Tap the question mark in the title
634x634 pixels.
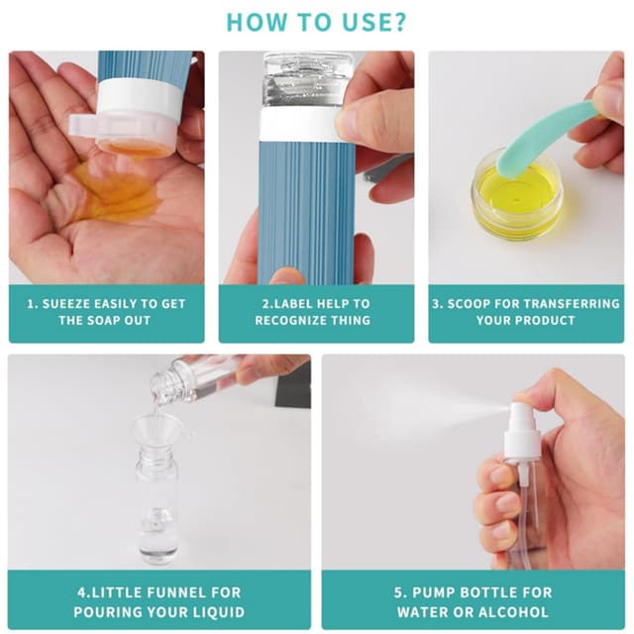(398, 22)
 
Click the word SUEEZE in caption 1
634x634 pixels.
(65, 304)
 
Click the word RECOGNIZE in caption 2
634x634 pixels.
(290, 320)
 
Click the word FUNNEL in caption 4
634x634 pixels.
(177, 592)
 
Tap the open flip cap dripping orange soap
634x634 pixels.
(124, 134)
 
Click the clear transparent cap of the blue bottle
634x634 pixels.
(307, 80)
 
